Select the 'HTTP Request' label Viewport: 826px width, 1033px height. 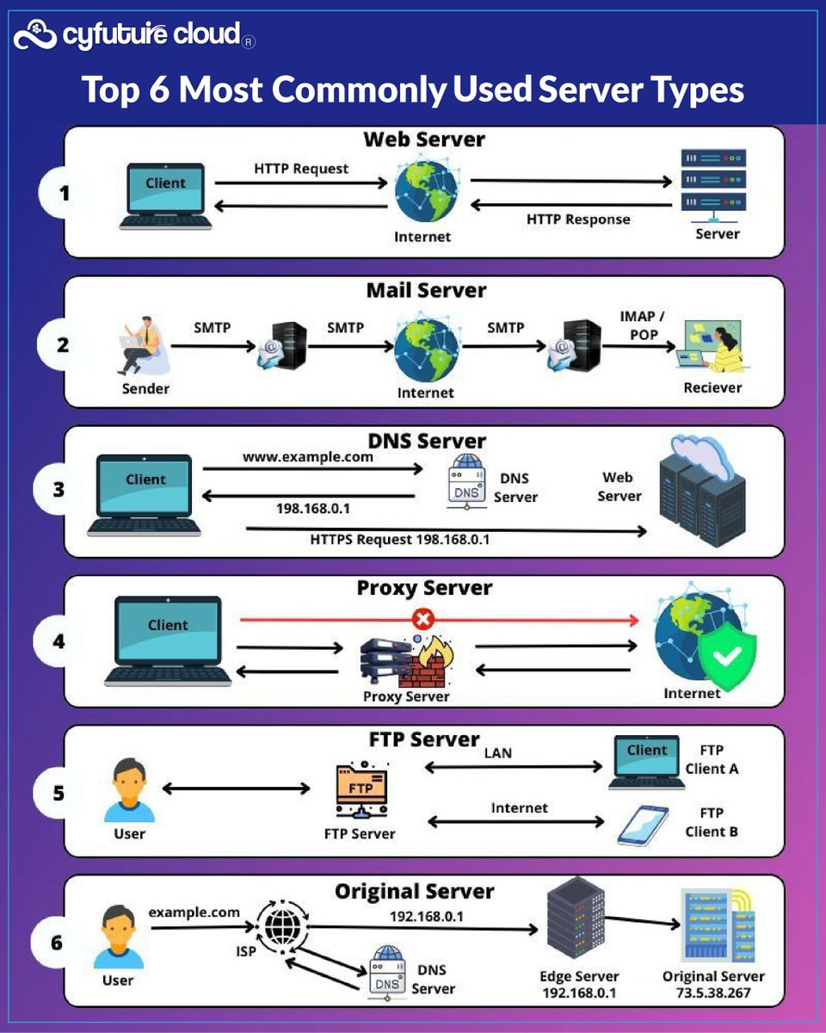click(x=301, y=168)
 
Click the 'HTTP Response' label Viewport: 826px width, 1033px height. click(x=578, y=220)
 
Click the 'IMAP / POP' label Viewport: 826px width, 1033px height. click(x=642, y=325)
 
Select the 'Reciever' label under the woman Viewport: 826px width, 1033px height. click(x=712, y=387)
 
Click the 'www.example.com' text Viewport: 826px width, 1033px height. click(x=308, y=457)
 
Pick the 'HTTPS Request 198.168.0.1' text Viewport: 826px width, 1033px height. click(x=400, y=540)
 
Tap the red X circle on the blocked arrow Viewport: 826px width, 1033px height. click(x=423, y=618)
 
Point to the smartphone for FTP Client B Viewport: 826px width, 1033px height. click(x=644, y=825)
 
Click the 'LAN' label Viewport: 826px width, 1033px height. click(x=497, y=752)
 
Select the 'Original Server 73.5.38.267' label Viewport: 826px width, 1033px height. click(x=713, y=984)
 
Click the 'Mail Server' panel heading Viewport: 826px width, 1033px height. click(x=426, y=290)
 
